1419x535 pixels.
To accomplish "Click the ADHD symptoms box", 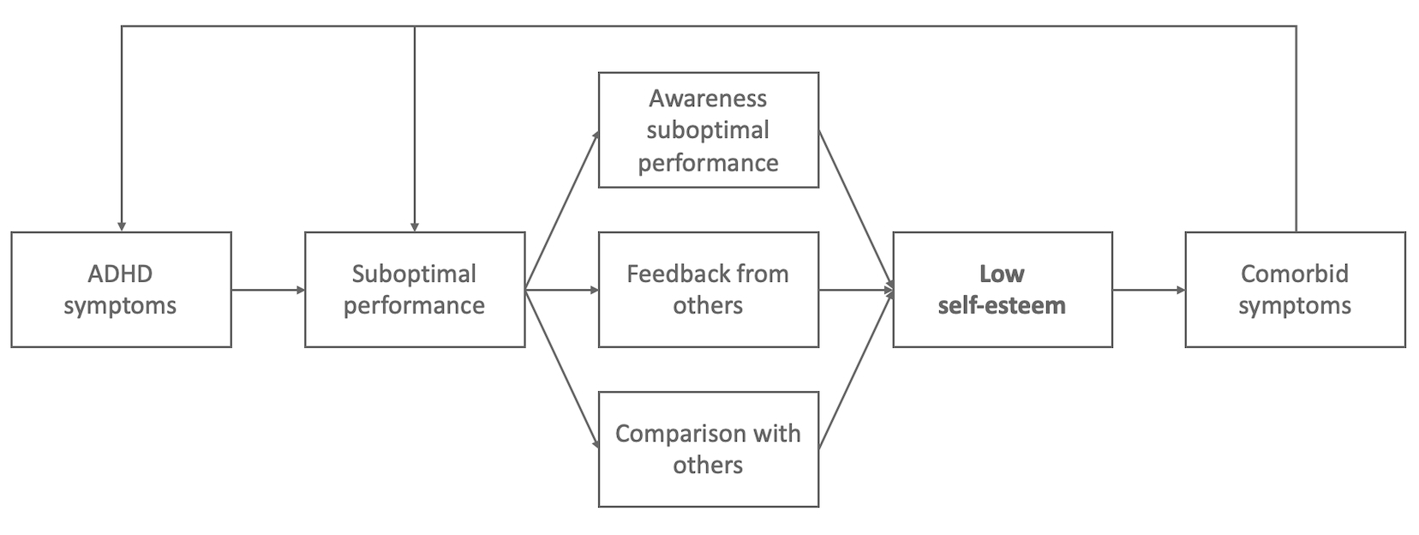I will point(121,289).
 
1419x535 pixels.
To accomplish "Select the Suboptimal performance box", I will point(415,289).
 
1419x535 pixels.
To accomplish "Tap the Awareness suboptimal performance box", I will point(708,130).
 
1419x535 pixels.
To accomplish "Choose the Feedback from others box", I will point(708,289).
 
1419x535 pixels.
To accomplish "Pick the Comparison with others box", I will point(708,448).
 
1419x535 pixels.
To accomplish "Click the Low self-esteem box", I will point(1002,289).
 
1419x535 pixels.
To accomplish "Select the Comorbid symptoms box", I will point(1294,289).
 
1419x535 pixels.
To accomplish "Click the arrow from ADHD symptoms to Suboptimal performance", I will point(267,290).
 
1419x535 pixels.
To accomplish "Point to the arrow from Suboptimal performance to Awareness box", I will point(561,211).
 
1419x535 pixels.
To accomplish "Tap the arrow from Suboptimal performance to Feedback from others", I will point(561,290).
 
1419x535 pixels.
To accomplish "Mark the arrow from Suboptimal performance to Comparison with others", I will point(561,369).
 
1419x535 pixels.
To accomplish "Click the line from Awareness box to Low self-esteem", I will point(855,209).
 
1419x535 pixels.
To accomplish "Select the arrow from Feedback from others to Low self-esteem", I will point(855,290).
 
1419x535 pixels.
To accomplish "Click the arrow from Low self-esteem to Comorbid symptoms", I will point(1148,290).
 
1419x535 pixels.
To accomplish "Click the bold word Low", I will point(1002,274).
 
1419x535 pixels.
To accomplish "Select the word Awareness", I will point(708,99).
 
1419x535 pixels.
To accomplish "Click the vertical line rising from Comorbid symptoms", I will point(1296,129).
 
